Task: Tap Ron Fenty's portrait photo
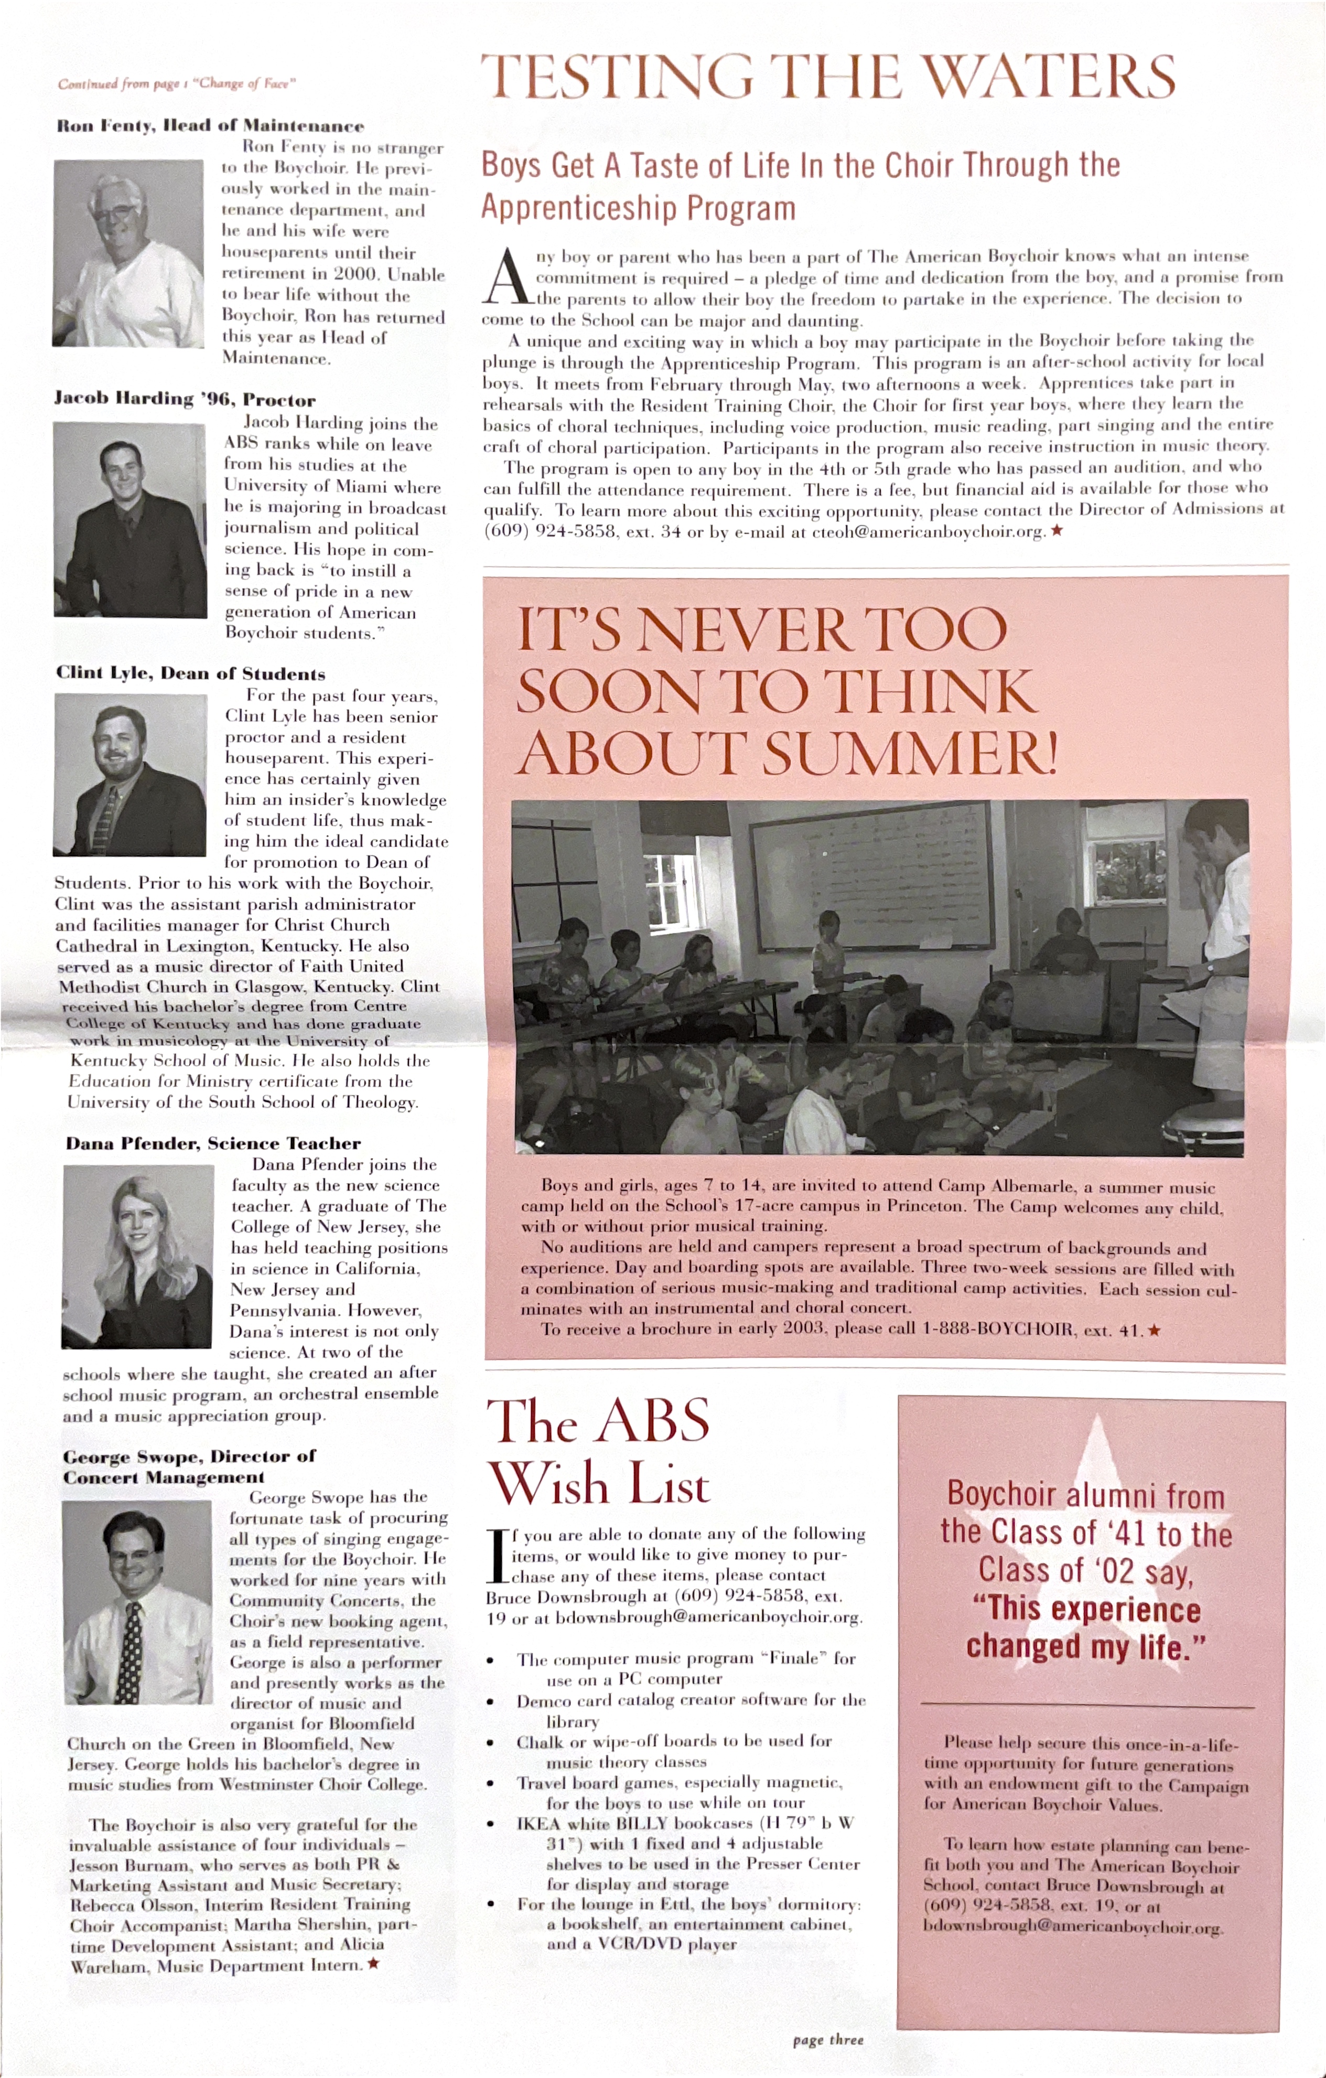coord(128,254)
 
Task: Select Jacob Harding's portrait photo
coord(130,519)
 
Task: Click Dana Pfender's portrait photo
coord(137,1257)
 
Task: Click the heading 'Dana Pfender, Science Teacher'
coord(213,1143)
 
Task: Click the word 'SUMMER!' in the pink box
coord(910,753)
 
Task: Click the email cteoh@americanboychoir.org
coord(928,532)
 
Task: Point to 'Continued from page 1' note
coord(177,84)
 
